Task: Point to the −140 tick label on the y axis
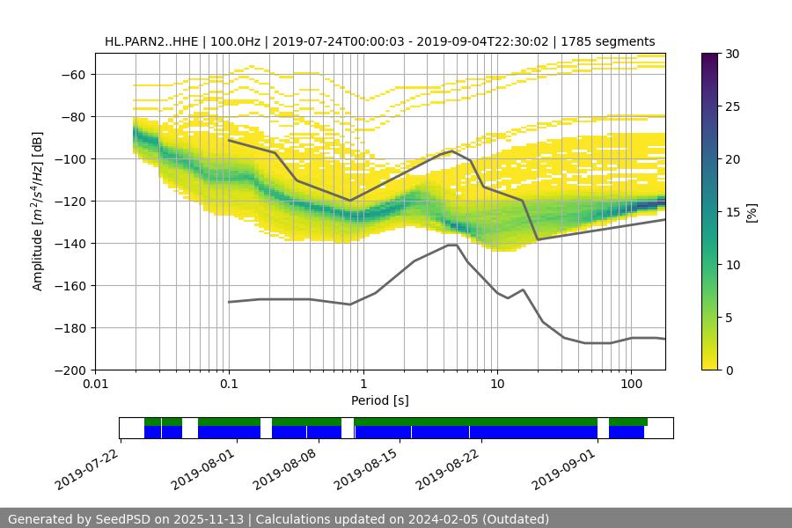(x=70, y=244)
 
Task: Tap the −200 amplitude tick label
(x=70, y=370)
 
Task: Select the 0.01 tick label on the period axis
(x=95, y=385)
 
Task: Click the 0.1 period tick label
(x=229, y=385)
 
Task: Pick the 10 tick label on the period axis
(x=497, y=385)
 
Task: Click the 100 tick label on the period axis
(x=631, y=385)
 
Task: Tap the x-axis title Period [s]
(x=380, y=400)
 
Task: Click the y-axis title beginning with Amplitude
(x=38, y=211)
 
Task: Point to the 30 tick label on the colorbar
(x=731, y=54)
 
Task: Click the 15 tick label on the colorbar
(x=731, y=212)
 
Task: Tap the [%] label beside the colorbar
(x=752, y=212)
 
